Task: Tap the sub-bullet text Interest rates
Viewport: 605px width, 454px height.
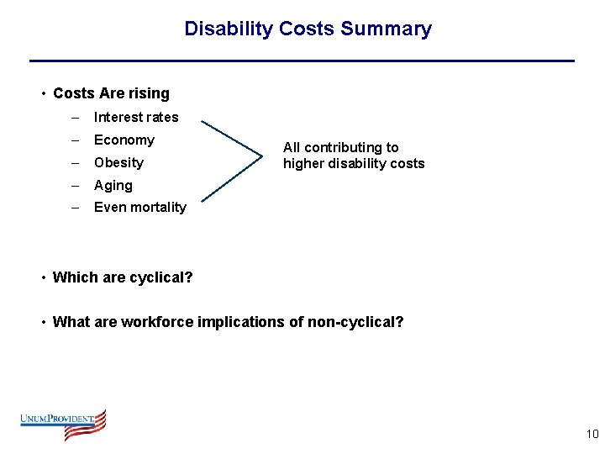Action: [136, 117]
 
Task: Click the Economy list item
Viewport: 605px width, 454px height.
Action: [124, 140]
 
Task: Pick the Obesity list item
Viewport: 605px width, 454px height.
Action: [118, 162]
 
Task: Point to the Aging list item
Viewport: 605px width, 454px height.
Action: [113, 185]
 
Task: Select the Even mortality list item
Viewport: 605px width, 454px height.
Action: [140, 207]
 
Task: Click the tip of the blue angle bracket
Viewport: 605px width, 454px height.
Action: [261, 156]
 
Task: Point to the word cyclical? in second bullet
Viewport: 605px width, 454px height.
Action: [160, 277]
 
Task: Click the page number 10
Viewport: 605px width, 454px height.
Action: [592, 434]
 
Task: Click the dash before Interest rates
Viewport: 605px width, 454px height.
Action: [76, 117]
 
